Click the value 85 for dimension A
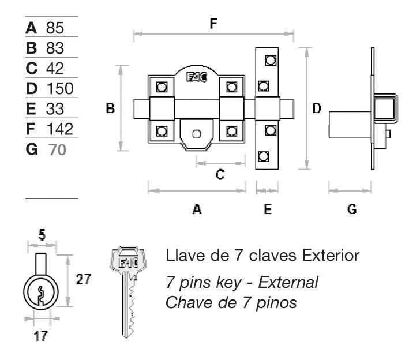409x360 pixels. (x=53, y=28)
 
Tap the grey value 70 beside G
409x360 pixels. (x=57, y=149)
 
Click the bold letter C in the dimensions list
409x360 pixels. (x=32, y=68)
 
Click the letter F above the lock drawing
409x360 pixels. (x=214, y=24)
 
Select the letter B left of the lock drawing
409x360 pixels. (x=111, y=108)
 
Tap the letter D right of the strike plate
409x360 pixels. (x=317, y=108)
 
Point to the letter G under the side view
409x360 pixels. (x=351, y=209)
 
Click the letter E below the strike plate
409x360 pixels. (x=268, y=209)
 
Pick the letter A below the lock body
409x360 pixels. (x=197, y=209)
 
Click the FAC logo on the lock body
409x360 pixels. (x=196, y=78)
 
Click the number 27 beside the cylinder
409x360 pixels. (x=84, y=280)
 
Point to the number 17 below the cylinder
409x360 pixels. (x=40, y=336)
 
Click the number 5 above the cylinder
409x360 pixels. (x=42, y=235)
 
